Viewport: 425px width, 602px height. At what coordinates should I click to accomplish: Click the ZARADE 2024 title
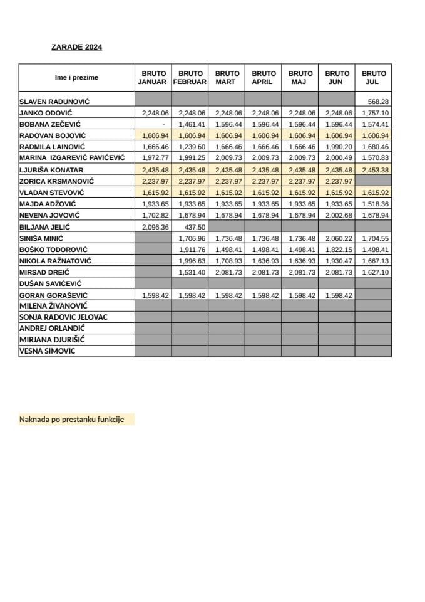tap(76, 46)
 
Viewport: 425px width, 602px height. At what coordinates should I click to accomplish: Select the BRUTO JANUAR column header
tap(152, 78)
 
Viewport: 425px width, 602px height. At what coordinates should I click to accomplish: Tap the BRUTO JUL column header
tap(374, 78)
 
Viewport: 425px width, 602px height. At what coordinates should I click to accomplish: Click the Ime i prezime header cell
tap(76, 78)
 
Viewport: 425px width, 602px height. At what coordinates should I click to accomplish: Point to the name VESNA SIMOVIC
tap(48, 351)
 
